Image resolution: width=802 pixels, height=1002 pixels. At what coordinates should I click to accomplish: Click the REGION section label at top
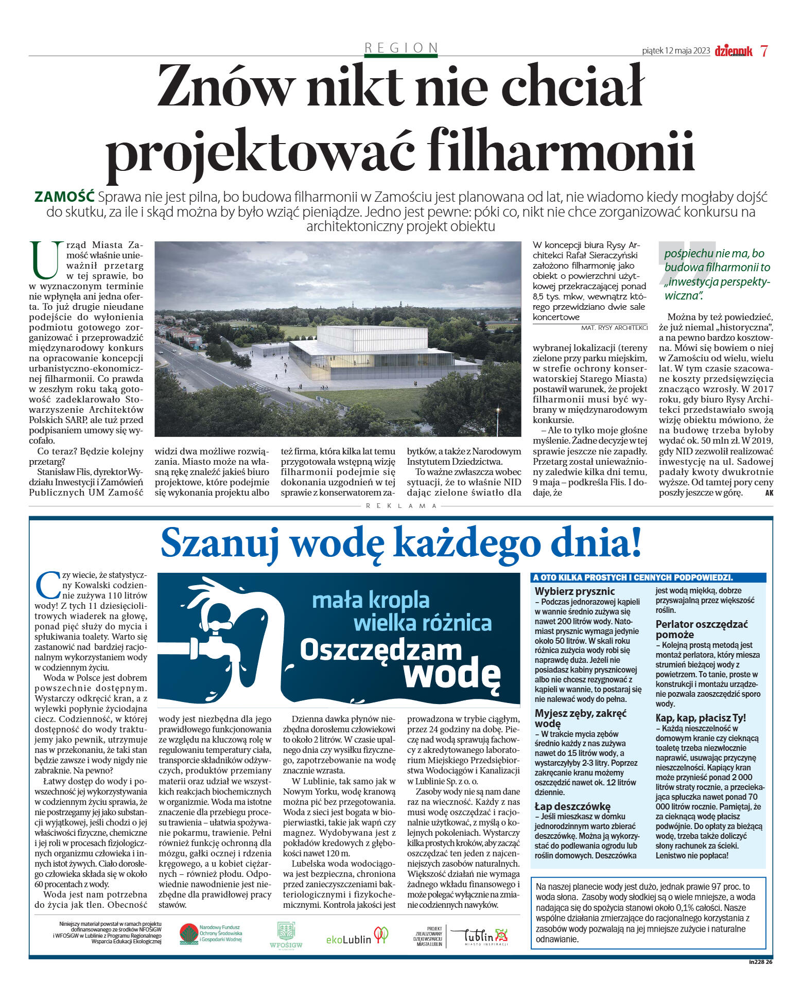click(400, 48)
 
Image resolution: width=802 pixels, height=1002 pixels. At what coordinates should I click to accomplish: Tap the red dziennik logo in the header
click(733, 50)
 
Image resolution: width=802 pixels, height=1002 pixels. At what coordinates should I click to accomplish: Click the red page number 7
click(764, 51)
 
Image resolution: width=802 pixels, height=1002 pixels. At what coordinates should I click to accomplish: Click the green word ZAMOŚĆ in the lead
click(64, 197)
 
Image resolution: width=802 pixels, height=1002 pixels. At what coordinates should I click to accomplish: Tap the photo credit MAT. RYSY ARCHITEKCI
click(614, 327)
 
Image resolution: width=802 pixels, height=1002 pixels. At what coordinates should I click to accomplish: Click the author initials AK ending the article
click(769, 493)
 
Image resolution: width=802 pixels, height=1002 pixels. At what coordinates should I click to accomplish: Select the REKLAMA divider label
click(402, 506)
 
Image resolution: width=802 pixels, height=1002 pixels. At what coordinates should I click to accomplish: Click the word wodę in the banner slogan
click(451, 673)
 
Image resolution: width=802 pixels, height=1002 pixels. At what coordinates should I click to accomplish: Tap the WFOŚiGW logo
click(286, 935)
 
